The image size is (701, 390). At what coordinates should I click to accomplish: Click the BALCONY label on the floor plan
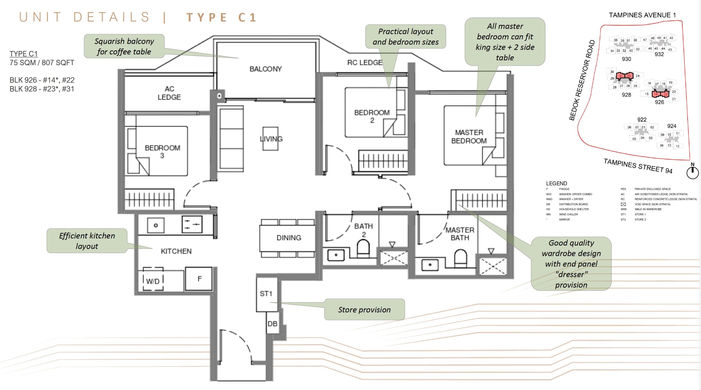(265, 69)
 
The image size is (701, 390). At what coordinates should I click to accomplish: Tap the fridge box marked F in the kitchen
(199, 279)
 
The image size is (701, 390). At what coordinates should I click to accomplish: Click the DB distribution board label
(272, 324)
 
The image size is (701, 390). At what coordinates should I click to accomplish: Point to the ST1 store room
(266, 294)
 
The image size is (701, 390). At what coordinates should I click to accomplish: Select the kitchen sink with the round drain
(156, 225)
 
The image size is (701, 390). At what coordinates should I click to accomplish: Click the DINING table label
(289, 238)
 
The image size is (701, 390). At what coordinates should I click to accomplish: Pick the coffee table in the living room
(270, 138)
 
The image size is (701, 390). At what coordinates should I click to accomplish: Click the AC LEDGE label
(169, 93)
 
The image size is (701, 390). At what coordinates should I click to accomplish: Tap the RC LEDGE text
(364, 63)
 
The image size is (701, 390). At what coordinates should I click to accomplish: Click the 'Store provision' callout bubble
(364, 310)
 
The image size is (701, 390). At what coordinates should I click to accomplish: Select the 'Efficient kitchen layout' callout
(87, 241)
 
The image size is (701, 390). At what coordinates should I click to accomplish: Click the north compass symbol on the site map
(693, 172)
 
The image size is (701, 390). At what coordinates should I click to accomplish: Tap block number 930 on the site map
(626, 59)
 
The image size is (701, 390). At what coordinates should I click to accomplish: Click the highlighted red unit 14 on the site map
(656, 94)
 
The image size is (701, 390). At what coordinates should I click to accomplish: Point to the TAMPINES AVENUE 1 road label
(642, 15)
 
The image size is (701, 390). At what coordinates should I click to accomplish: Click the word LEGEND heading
(556, 184)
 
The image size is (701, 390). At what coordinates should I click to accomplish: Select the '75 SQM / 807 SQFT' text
(42, 63)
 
